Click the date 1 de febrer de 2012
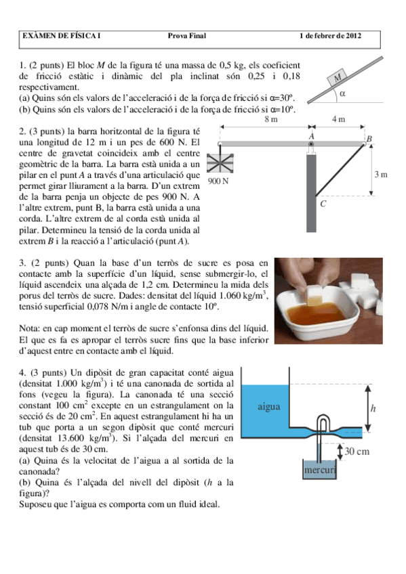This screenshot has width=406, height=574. (x=335, y=36)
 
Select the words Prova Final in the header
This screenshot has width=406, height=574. (x=186, y=36)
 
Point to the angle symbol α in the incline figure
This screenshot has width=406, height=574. (x=343, y=93)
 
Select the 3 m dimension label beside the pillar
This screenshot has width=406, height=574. (x=380, y=175)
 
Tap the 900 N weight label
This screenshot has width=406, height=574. (x=218, y=181)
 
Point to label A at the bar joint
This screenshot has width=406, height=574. (x=311, y=135)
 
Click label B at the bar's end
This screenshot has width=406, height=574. (x=369, y=139)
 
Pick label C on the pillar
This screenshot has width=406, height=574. (x=323, y=203)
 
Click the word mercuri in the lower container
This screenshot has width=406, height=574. (x=316, y=469)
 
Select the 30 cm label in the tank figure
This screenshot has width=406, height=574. (x=357, y=451)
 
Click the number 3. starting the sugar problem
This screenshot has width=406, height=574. (x=22, y=262)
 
